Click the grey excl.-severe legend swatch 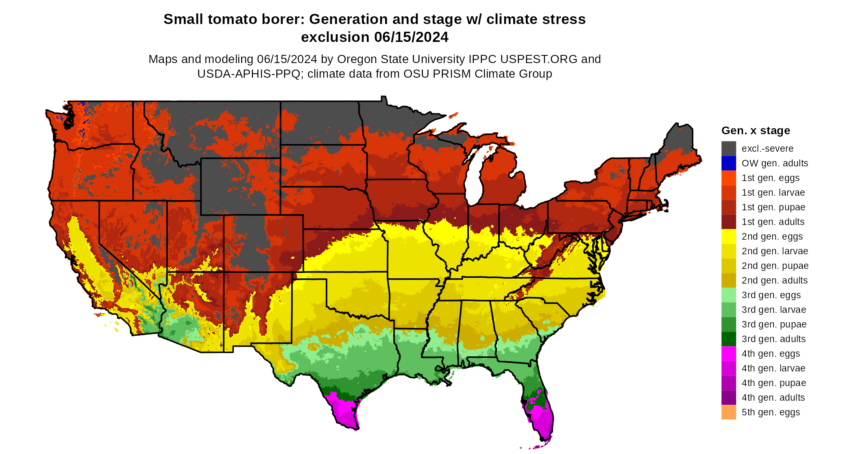pyautogui.click(x=728, y=148)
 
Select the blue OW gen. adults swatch pyautogui.click(x=728, y=163)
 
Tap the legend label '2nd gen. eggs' pyautogui.click(x=772, y=236)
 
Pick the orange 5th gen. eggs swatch pyautogui.click(x=728, y=412)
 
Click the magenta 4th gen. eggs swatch pyautogui.click(x=728, y=354)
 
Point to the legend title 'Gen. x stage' pyautogui.click(x=756, y=131)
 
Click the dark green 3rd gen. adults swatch pyautogui.click(x=728, y=339)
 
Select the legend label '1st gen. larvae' pyautogui.click(x=773, y=192)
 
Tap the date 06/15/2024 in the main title pyautogui.click(x=411, y=37)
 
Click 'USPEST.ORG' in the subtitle pyautogui.click(x=538, y=59)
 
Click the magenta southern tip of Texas pyautogui.click(x=345, y=411)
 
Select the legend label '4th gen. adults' pyautogui.click(x=773, y=397)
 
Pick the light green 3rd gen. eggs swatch pyautogui.click(x=728, y=295)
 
